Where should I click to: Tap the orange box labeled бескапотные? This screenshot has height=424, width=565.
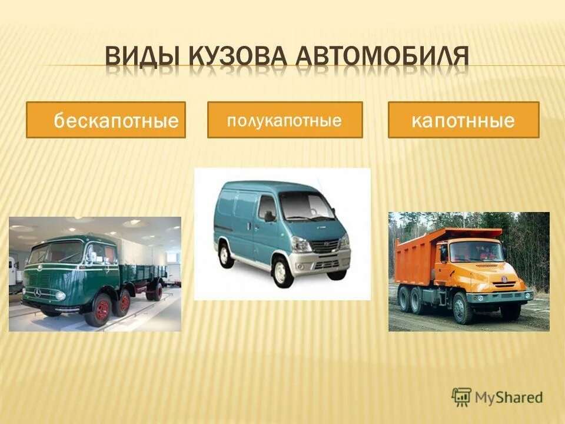106,120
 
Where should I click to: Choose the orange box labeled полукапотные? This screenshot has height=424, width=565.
285,120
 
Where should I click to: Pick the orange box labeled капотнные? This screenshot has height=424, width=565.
463,120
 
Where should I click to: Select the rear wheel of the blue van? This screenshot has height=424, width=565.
225,254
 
